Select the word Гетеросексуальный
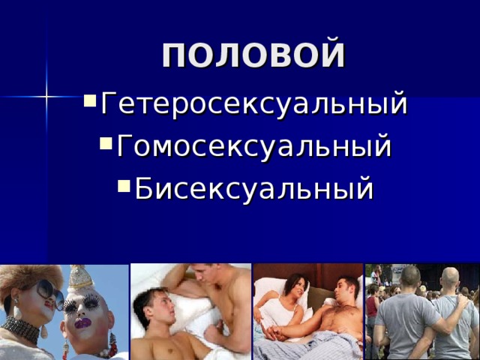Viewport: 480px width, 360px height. [x=253, y=103]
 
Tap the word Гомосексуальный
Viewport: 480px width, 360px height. [x=253, y=145]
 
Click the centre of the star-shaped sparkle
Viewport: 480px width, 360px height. [x=46, y=96]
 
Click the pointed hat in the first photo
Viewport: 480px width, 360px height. [x=79, y=278]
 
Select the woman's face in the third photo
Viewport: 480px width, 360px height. [x=294, y=291]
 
